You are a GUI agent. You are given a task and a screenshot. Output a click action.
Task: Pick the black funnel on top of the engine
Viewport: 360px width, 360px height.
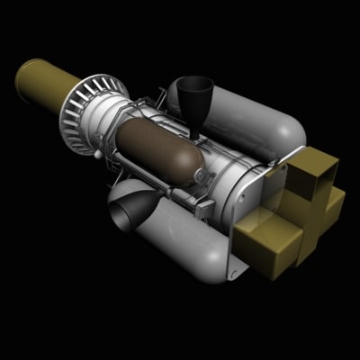[x=193, y=90]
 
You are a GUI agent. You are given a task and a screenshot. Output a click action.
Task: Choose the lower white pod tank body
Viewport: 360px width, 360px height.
[x=180, y=238]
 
